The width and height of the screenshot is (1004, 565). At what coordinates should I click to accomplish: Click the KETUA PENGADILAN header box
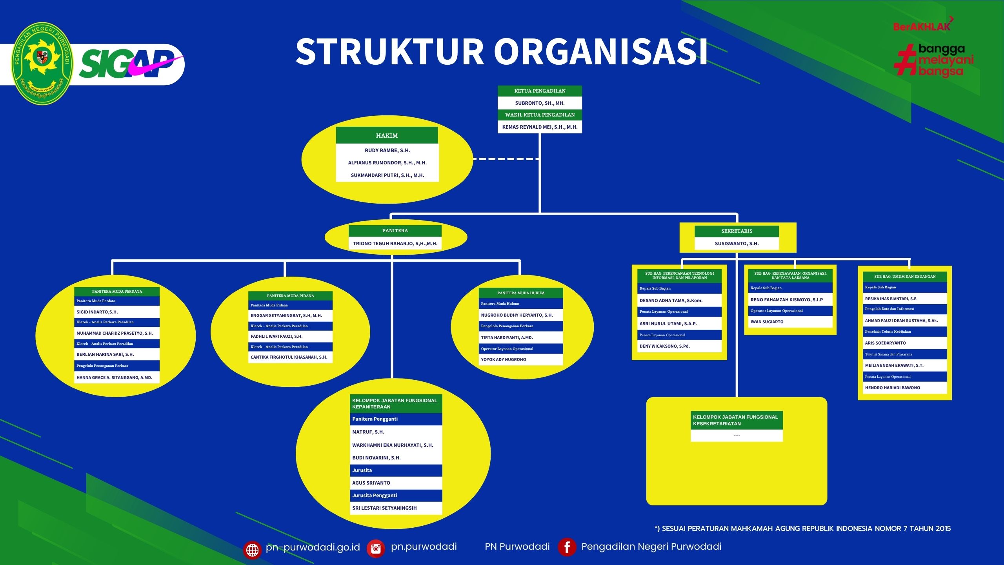(540, 91)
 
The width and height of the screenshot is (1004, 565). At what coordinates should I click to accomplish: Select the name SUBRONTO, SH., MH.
(540, 103)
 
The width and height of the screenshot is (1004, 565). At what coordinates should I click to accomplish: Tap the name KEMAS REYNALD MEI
(540, 127)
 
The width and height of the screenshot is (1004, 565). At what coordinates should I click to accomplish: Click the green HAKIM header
(387, 135)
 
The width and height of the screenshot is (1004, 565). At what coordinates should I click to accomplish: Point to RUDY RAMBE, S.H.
(387, 151)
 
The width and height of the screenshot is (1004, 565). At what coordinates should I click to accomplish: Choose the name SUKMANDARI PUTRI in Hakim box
(387, 175)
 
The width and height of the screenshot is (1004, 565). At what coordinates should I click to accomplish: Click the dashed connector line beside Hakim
(506, 159)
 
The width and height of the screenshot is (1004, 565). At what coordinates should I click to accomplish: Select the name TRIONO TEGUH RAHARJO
(395, 244)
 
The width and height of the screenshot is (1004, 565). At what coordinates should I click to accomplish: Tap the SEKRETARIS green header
(737, 231)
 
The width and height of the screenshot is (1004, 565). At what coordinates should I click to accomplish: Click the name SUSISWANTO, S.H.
(737, 244)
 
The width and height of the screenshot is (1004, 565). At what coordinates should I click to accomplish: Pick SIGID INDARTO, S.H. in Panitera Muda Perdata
(97, 312)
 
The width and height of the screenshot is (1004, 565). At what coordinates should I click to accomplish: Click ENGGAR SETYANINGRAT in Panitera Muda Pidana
(286, 316)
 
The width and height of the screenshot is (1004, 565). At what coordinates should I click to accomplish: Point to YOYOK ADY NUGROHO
(504, 360)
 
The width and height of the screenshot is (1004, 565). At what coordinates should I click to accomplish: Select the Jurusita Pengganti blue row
(396, 496)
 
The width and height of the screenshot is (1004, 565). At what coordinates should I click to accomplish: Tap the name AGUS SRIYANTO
(371, 483)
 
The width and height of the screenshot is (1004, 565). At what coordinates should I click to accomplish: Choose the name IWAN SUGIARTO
(767, 322)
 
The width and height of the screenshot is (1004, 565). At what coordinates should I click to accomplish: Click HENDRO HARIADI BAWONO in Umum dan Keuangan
(892, 388)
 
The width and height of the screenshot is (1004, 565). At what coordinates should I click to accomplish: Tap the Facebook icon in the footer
(567, 547)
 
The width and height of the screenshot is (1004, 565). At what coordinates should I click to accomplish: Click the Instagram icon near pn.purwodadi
(376, 548)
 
